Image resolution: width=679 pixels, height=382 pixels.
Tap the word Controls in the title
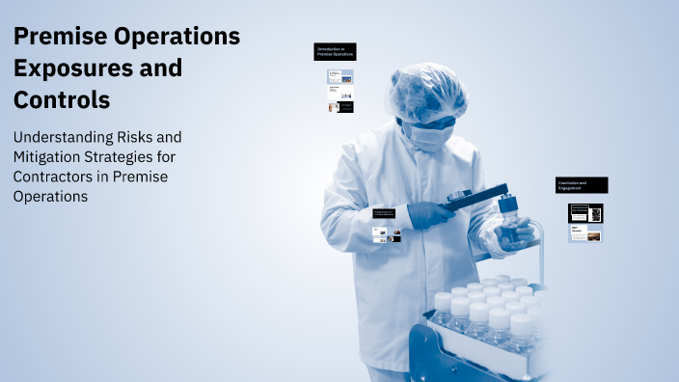61,99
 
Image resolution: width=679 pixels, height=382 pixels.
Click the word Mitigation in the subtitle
49,156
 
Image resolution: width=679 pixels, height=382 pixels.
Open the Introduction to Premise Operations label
336,51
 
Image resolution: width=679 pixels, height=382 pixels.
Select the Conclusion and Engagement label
582,185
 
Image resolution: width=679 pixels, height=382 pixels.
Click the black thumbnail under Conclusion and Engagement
585,213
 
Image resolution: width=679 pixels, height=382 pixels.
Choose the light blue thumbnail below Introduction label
339,76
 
